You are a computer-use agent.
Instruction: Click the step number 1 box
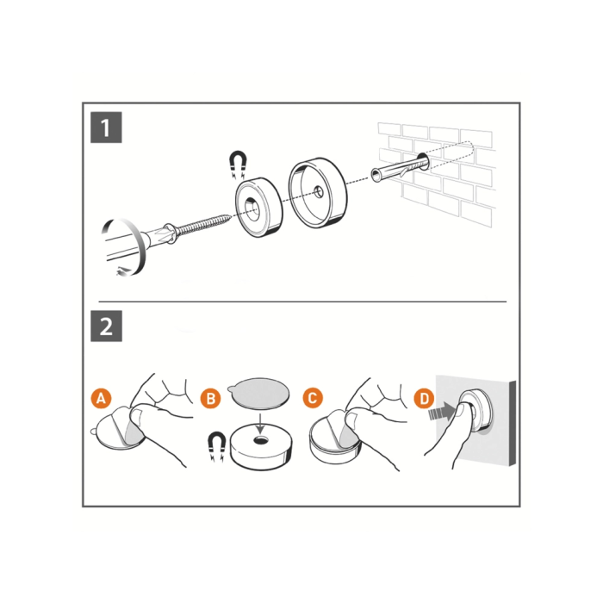(x=106, y=127)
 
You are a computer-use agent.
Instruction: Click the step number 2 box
(x=106, y=326)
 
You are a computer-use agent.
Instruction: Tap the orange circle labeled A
(x=101, y=398)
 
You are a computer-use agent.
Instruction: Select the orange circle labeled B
(x=211, y=398)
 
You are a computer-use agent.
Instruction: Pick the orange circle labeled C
(x=313, y=398)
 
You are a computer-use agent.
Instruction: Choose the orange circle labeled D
(x=424, y=398)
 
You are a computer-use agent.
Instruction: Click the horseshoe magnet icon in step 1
(x=238, y=165)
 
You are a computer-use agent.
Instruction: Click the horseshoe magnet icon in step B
(x=216, y=446)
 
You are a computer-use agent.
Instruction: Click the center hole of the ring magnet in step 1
(x=252, y=208)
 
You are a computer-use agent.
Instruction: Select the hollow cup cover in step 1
(x=318, y=194)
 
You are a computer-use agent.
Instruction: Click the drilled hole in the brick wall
(x=422, y=162)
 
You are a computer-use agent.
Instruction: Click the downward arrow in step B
(x=261, y=424)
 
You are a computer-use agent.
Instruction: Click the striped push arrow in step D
(x=442, y=413)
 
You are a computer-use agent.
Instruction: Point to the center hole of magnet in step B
(x=261, y=439)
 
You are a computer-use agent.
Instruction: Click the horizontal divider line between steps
(x=302, y=301)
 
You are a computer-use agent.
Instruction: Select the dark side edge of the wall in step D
(x=513, y=424)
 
